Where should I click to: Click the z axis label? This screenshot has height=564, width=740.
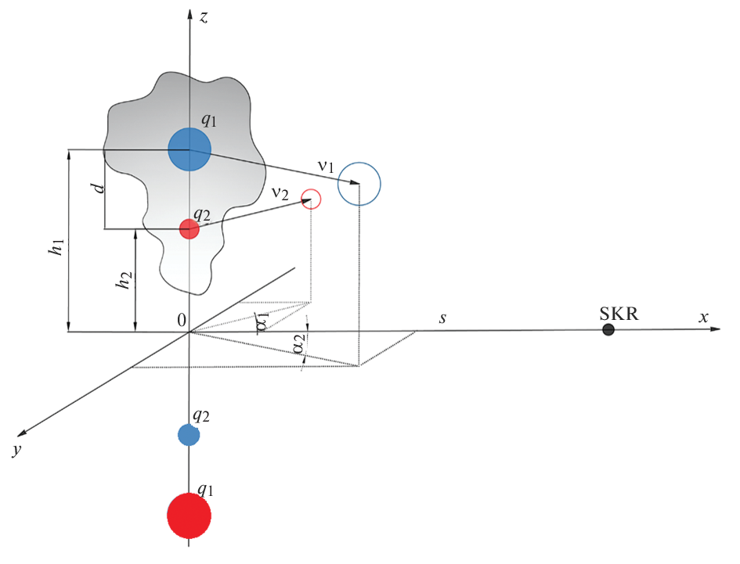(203, 16)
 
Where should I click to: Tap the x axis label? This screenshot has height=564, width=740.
(703, 317)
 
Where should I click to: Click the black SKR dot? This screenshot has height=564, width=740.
(608, 330)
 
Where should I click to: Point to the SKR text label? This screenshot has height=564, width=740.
(619, 314)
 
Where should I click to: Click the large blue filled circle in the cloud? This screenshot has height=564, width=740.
(190, 149)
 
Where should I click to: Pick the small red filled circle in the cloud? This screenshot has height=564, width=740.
(189, 229)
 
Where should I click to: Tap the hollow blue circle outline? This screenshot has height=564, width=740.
(359, 184)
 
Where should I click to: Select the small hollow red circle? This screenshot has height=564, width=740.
(312, 199)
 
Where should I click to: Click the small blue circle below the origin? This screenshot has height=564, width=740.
(189, 435)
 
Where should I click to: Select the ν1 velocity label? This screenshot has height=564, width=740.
(325, 167)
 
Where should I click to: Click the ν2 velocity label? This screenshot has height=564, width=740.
(280, 192)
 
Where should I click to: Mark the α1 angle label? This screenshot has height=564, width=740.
(262, 322)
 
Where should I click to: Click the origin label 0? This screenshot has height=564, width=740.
(182, 319)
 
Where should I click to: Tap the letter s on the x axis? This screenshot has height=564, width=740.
(442, 318)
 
